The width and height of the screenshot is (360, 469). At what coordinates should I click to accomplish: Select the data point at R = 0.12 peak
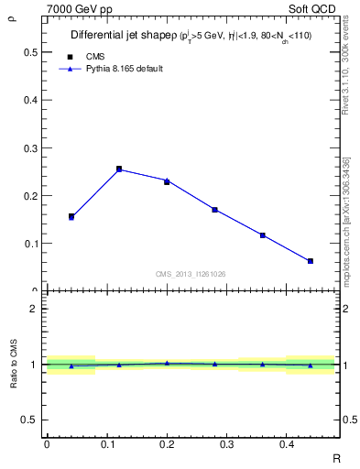coord(119,169)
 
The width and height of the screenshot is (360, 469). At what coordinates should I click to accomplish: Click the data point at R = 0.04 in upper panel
coord(71,216)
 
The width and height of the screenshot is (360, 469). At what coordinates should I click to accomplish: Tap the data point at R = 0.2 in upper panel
coord(167,181)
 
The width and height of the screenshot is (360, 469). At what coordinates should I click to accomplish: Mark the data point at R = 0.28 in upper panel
coord(214,210)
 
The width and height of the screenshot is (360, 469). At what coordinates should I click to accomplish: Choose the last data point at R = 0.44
coord(311,261)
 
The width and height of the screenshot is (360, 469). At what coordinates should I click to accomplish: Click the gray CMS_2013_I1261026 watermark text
coord(191,274)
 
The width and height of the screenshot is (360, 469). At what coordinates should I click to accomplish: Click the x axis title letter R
coord(335,457)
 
